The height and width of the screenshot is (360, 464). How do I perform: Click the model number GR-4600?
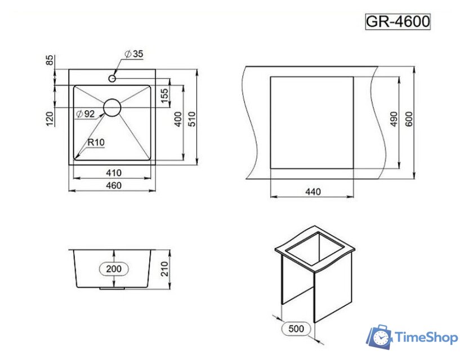tap(398, 21)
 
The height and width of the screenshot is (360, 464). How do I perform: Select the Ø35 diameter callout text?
tap(135, 53)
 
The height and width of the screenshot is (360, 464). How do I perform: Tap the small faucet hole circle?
tap(113, 78)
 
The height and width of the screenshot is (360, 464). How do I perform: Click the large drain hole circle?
tap(113, 107)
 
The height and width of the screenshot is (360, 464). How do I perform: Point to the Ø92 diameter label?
tap(85, 114)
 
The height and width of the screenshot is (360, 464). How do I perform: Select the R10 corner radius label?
tap(96, 143)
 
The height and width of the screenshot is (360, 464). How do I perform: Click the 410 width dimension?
tap(113, 172)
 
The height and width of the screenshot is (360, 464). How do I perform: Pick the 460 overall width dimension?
tap(113, 185)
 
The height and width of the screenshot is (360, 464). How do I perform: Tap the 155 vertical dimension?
tap(164, 96)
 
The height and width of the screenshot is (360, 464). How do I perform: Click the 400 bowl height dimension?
tap(178, 120)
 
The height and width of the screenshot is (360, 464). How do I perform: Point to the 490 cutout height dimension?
tap(394, 119)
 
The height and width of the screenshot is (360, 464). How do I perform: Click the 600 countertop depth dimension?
tap(409, 119)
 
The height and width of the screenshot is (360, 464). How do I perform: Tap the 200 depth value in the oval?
tap(114, 269)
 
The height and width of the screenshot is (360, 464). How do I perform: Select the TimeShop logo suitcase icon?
tap(380, 337)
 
